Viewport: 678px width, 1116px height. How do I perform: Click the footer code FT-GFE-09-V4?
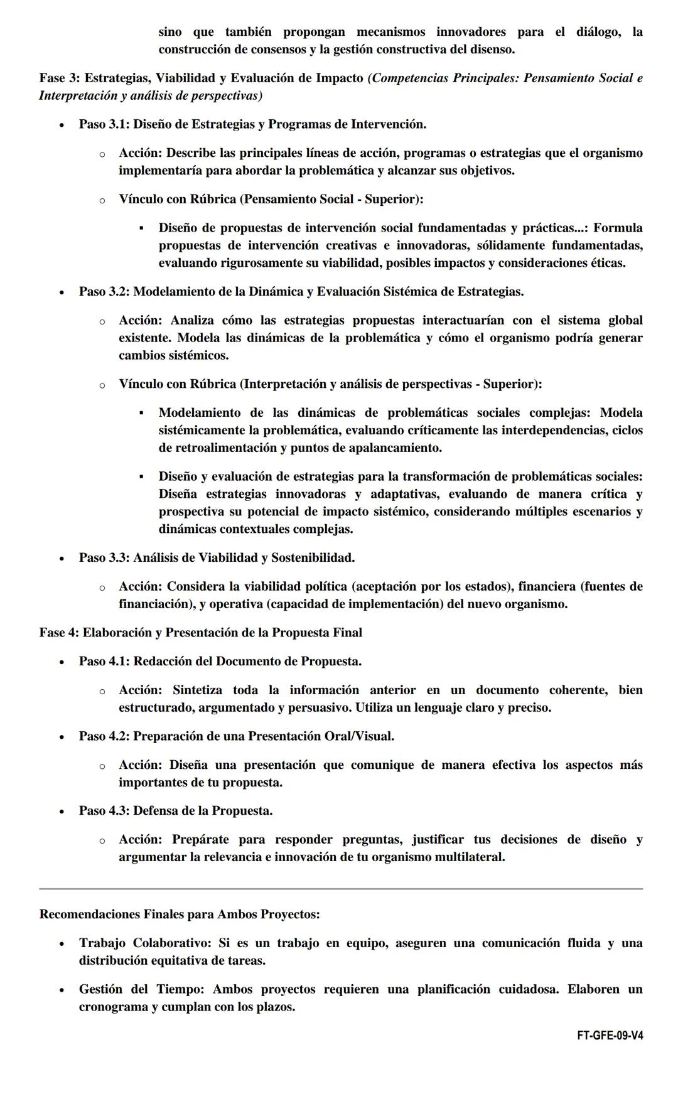[610, 1036]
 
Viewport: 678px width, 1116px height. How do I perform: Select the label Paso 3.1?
[103, 124]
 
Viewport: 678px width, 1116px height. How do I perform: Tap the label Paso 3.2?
[103, 292]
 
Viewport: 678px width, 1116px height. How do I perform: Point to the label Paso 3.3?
[103, 558]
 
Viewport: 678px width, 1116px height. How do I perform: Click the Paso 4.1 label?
[103, 662]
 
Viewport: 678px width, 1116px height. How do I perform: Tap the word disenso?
[492, 50]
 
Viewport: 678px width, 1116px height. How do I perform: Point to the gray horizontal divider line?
[340, 889]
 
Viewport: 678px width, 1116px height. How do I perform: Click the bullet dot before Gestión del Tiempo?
[62, 990]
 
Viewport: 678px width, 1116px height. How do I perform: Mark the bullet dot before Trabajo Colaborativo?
[62, 944]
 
